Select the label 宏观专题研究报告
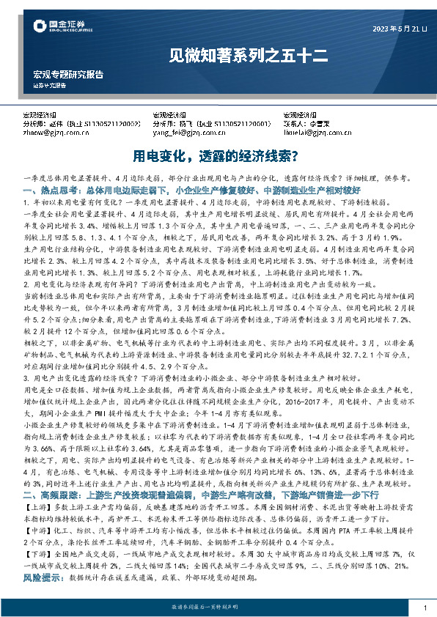click(x=68, y=75)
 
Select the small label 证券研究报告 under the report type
click(x=51, y=85)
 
